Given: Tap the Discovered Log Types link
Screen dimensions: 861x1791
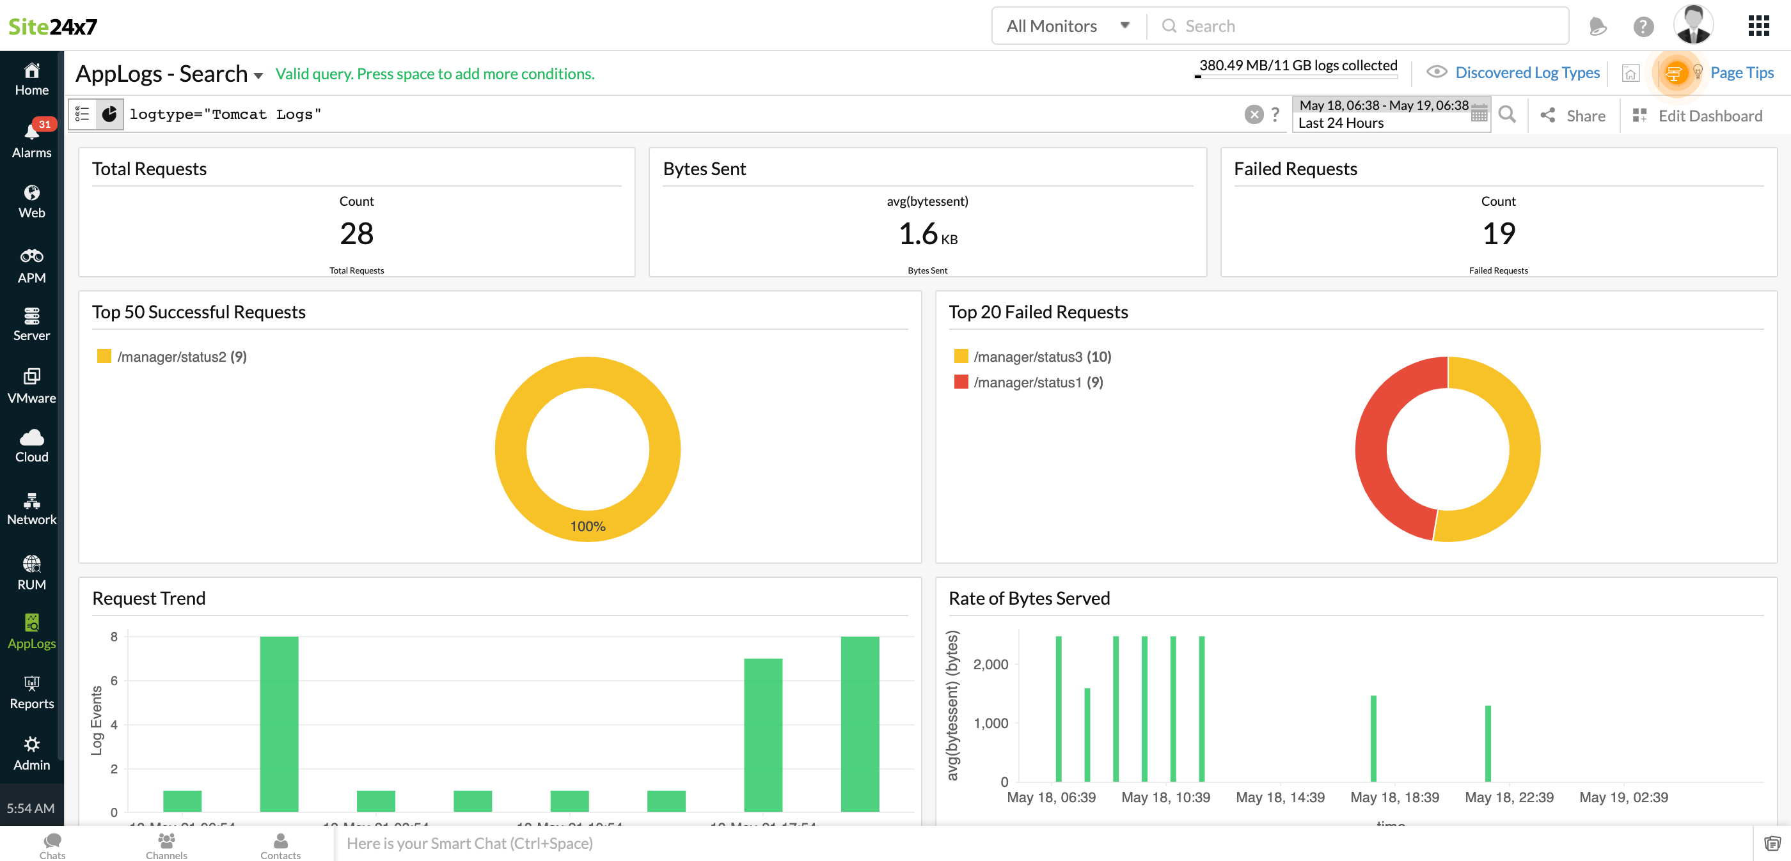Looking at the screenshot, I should (1527, 72).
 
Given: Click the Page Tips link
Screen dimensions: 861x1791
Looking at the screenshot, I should (1741, 72).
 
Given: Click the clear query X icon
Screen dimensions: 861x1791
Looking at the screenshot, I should (1254, 114).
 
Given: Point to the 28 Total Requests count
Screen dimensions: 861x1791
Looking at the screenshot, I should (357, 233).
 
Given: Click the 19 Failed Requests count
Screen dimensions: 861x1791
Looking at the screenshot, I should (1498, 233).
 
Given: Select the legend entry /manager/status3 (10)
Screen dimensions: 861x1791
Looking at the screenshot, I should (1041, 357).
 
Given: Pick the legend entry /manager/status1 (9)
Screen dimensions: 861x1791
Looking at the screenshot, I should (1038, 382).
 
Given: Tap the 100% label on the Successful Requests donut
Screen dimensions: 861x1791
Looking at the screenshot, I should (587, 526).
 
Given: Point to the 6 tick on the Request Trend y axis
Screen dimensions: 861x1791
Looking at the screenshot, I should (114, 680).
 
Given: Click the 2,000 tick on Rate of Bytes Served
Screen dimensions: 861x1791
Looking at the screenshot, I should (990, 664).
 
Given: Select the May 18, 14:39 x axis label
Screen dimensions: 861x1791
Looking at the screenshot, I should (1280, 797).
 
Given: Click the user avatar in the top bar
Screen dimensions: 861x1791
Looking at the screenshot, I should (1693, 25).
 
